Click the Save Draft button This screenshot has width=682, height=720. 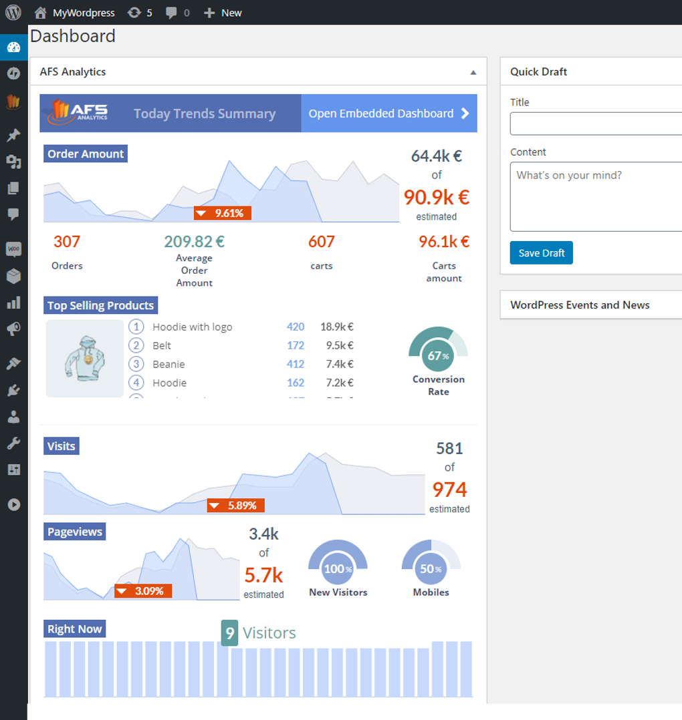[541, 253]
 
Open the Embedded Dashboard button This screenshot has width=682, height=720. [389, 114]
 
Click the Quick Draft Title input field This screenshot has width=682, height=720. [595, 124]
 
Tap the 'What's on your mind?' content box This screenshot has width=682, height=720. [595, 196]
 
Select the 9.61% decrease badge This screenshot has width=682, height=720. [223, 213]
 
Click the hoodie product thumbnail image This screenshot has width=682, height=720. [85, 359]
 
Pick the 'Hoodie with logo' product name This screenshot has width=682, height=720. [193, 327]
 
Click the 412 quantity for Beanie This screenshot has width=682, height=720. [295, 364]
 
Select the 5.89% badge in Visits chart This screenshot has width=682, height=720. [235, 506]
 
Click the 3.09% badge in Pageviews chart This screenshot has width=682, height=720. [143, 591]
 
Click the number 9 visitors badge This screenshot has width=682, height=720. [229, 633]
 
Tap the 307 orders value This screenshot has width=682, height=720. [67, 242]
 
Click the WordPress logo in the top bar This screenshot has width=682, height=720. [13, 12]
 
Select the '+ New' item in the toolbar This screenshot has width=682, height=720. [223, 13]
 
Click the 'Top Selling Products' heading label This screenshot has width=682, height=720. [100, 306]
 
